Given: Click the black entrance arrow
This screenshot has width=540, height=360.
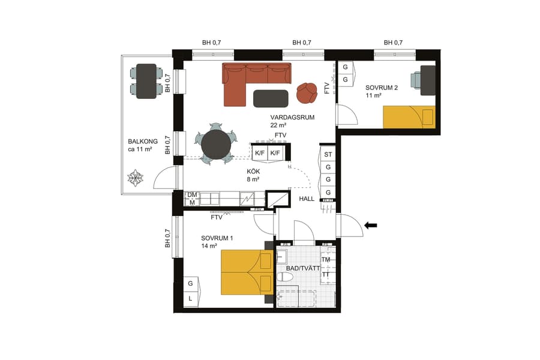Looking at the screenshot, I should click(x=371, y=226).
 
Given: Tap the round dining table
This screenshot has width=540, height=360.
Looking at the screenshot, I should click(x=216, y=144).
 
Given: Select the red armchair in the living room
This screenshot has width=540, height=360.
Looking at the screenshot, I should click(x=308, y=92).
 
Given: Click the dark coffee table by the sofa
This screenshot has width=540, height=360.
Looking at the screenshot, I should click(x=271, y=98).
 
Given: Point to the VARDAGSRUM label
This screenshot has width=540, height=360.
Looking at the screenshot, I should click(x=292, y=117).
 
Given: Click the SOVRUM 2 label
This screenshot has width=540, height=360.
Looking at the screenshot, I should click(x=382, y=88).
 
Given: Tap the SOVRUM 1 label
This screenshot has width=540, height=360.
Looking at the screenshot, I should click(x=217, y=238).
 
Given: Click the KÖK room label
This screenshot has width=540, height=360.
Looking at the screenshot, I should click(x=253, y=171).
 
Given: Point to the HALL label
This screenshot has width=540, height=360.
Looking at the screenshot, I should click(x=306, y=199).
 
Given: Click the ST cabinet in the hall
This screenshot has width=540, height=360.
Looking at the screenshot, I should click(x=328, y=155).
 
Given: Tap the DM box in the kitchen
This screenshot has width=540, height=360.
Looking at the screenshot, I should click(x=192, y=195).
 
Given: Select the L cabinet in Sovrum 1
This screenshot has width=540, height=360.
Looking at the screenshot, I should click(x=190, y=298).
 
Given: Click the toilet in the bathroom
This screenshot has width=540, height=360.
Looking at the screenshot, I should click(x=286, y=278).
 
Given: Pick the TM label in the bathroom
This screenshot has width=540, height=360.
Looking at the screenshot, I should click(x=326, y=260).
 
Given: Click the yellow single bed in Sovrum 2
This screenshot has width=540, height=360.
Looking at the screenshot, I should click(x=409, y=116).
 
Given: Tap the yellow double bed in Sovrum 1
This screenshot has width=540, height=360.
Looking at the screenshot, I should click(x=242, y=273).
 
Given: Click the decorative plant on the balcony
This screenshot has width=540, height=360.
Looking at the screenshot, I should click(x=136, y=178).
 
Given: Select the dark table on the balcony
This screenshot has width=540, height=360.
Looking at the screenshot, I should click(x=146, y=81).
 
